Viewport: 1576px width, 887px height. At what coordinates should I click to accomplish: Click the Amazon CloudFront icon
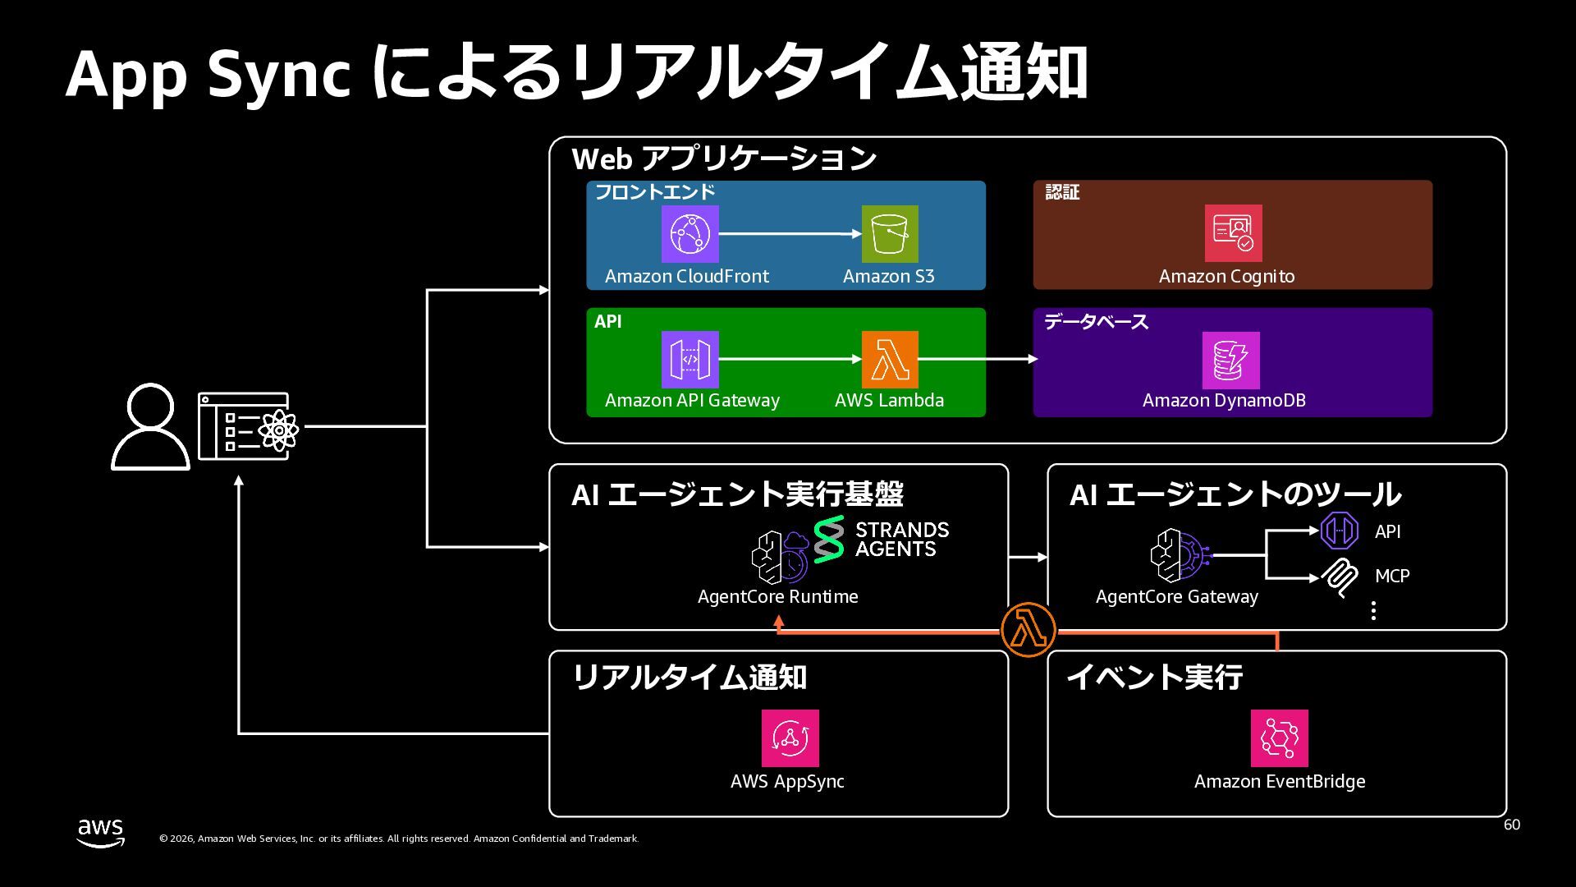(x=689, y=234)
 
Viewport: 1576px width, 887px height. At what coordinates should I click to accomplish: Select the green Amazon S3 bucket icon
(x=890, y=234)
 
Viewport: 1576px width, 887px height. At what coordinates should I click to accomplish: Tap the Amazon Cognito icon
(x=1233, y=233)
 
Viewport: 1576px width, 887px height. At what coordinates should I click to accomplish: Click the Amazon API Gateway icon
(x=689, y=360)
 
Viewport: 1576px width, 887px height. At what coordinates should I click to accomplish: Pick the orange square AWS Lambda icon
(x=890, y=360)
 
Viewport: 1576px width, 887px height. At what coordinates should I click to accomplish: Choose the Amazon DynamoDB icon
(x=1230, y=361)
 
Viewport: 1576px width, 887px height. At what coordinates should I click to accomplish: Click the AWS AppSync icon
(x=790, y=738)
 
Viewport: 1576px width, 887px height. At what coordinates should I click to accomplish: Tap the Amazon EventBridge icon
(x=1279, y=738)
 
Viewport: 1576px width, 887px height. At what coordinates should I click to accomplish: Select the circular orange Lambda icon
(x=1029, y=630)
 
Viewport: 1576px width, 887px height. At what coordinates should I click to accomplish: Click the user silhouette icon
(x=150, y=427)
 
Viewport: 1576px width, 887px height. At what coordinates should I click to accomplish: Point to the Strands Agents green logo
(x=829, y=539)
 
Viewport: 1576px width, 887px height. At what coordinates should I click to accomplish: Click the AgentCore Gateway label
(x=1176, y=597)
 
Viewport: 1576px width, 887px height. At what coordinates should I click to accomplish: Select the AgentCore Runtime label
(x=777, y=597)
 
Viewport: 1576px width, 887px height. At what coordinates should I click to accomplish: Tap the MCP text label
(x=1392, y=576)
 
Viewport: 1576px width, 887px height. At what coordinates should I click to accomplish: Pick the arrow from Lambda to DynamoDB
(x=977, y=359)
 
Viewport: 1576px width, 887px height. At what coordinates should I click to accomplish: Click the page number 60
(x=1511, y=825)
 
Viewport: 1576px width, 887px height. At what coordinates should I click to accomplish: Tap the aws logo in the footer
(x=101, y=832)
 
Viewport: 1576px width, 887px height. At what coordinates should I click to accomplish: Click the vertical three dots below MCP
(x=1373, y=610)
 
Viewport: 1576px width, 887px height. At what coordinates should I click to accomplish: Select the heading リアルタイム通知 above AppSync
(x=689, y=678)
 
